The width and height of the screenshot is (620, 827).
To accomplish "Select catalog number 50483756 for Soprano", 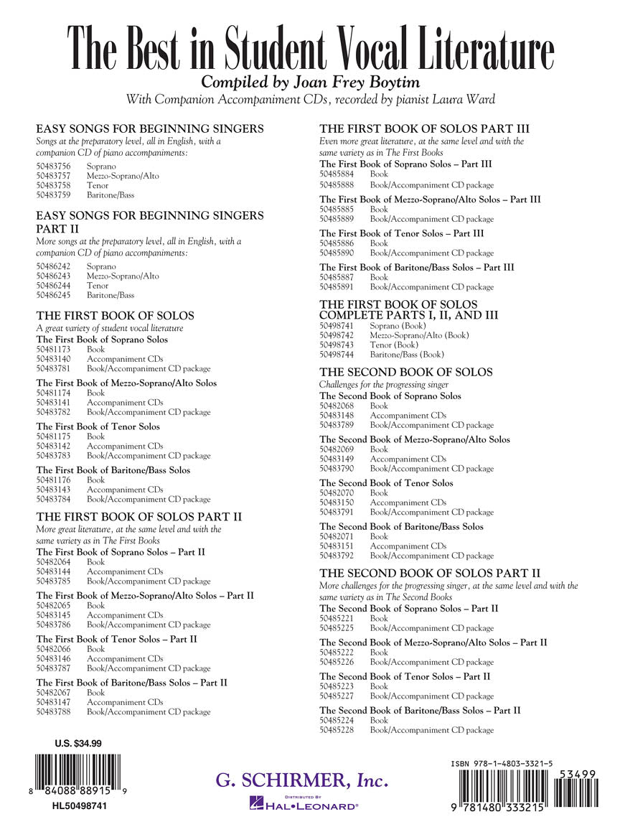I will coord(53,167).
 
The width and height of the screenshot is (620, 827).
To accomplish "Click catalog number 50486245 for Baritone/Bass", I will coord(53,295).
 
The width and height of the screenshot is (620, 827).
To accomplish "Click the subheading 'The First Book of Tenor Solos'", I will coord(98,426).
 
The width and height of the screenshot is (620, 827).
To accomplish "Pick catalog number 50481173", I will coord(53,349).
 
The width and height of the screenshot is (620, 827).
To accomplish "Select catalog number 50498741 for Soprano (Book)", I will coord(337,326).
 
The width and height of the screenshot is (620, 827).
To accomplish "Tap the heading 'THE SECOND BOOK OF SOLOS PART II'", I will coord(429,573).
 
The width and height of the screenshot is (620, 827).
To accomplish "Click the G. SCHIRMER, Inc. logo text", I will coord(302,780).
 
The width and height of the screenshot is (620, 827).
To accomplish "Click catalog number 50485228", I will coord(337,730).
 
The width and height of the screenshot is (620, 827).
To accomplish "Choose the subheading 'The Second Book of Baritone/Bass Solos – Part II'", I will coord(420,710).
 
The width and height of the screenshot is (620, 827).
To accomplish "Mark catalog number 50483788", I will coord(53,712).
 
